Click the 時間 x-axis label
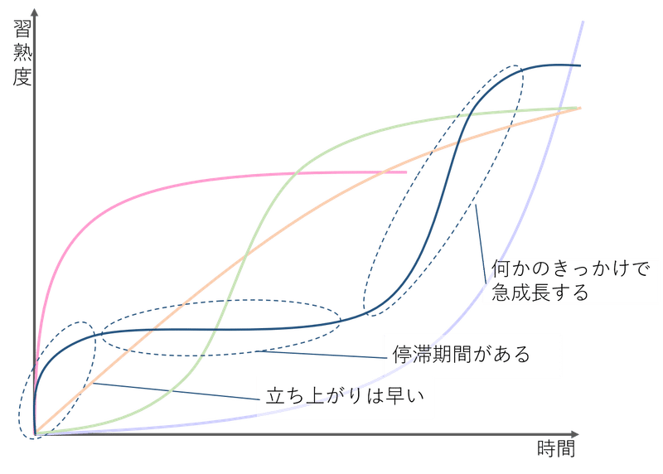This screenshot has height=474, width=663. [556, 450]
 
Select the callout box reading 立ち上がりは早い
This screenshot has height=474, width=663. [346, 395]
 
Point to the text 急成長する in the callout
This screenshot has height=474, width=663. [540, 293]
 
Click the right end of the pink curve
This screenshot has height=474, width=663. [406, 172]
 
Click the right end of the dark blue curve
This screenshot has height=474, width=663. [579, 65]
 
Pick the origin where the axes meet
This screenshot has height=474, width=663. [34, 433]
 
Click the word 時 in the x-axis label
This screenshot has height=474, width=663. [546, 450]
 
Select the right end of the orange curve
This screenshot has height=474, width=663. [578, 109]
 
